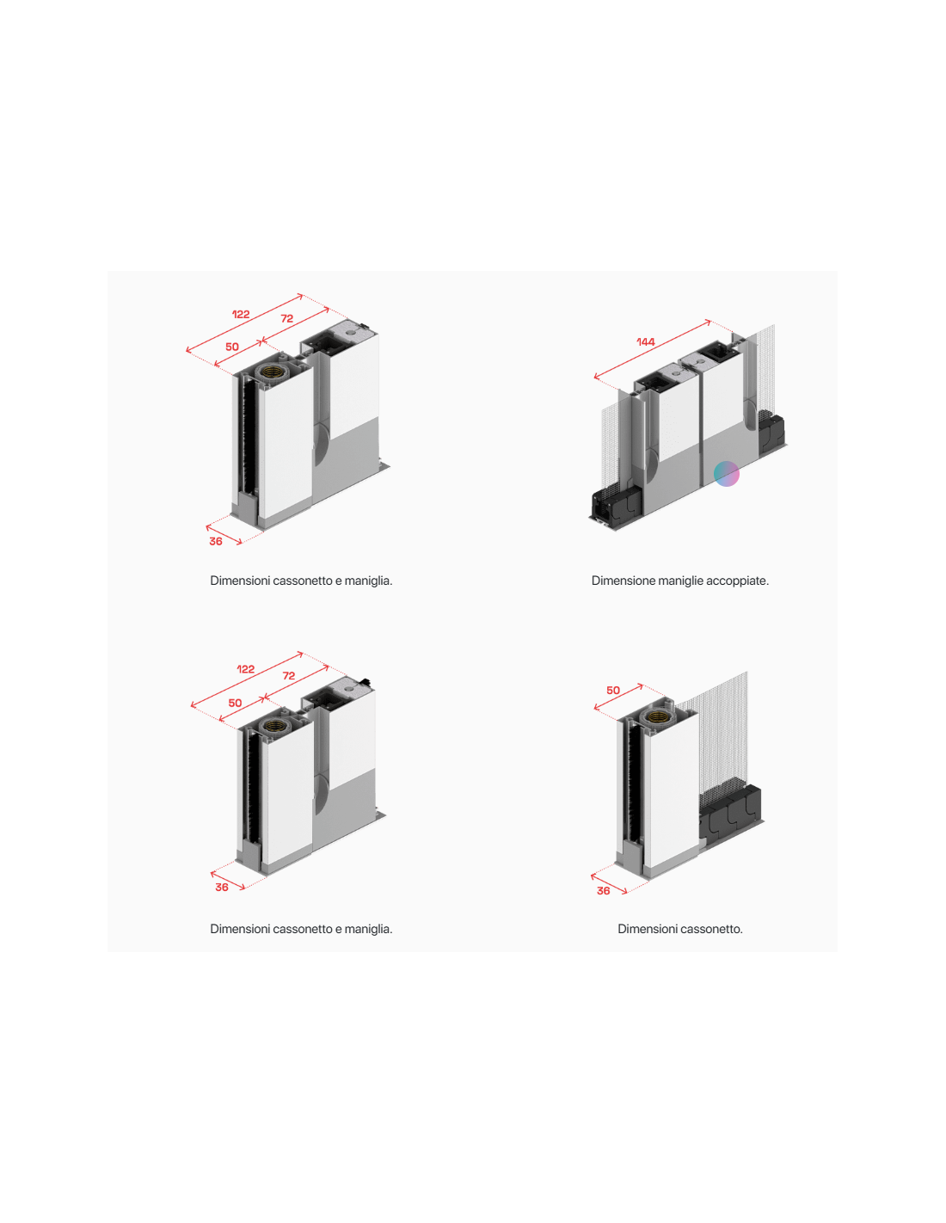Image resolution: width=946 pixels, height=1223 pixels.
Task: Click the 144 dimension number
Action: click(646, 341)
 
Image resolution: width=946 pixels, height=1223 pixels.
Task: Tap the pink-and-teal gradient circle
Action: click(726, 474)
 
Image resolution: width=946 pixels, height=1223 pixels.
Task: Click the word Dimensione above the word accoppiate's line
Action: click(623, 581)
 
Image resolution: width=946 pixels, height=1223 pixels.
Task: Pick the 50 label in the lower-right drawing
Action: click(613, 690)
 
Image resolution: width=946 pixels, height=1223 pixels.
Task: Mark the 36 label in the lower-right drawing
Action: click(603, 890)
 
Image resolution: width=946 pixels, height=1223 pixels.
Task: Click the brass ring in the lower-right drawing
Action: click(656, 716)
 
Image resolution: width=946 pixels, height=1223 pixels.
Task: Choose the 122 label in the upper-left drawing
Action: click(241, 314)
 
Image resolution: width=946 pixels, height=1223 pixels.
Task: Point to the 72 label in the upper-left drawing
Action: click(287, 318)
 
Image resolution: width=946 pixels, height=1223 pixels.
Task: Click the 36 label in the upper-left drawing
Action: click(216, 542)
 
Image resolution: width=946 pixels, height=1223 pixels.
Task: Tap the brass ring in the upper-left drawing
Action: click(274, 372)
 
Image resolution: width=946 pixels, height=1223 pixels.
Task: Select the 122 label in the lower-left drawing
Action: click(245, 669)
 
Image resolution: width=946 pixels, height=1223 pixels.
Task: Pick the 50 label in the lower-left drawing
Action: click(235, 703)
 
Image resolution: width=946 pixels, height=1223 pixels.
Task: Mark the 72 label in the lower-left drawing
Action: click(289, 675)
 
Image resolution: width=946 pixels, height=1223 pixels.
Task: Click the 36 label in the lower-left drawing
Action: click(222, 888)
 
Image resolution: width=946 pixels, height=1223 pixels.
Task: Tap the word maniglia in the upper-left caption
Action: click(368, 581)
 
